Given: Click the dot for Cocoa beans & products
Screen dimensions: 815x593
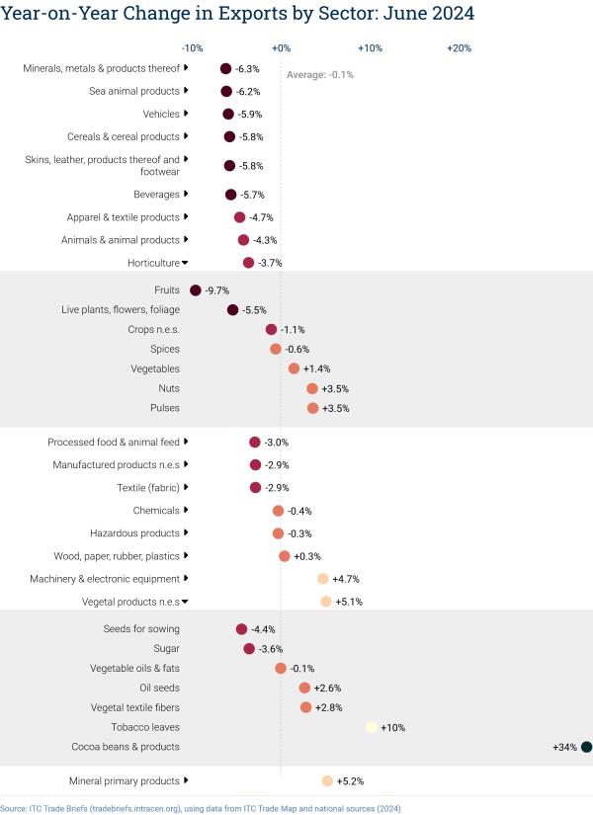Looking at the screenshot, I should coord(586,747).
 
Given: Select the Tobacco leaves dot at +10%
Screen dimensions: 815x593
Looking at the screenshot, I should coord(371,727).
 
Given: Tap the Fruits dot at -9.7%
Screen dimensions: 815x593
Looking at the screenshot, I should coord(195,290).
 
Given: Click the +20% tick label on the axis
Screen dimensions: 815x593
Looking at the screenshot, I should coord(460,47).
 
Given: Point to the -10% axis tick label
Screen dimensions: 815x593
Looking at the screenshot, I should coord(193,47).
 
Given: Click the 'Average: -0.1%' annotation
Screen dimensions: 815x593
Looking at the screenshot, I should coord(319,74).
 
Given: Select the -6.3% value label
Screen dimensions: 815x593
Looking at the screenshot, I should coord(247,69).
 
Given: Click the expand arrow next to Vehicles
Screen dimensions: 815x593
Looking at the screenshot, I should coord(186,114).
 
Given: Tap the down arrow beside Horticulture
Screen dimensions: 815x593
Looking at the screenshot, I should coord(185,263).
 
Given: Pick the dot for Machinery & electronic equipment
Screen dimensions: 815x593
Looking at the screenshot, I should coord(322,579).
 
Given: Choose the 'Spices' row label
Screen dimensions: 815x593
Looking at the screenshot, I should coord(165,349).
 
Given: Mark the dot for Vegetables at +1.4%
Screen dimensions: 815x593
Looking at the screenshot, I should coord(294,368).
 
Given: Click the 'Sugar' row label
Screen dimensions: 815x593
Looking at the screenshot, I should coord(167,648).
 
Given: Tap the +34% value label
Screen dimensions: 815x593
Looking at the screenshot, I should coord(564,747).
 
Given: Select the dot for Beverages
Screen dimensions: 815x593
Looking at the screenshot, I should coord(230,195).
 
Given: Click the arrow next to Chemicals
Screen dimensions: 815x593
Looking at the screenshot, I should coord(186,510).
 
